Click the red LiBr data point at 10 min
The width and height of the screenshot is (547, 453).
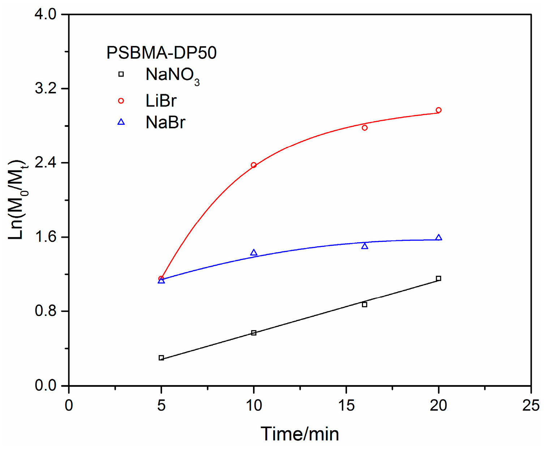[253, 165]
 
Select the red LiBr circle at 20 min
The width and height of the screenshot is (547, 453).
[439, 110]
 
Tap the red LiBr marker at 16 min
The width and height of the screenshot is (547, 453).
[364, 128]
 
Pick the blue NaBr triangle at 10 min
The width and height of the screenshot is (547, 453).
[253, 253]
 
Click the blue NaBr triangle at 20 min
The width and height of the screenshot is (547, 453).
[439, 238]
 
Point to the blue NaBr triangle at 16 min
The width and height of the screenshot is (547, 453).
[364, 246]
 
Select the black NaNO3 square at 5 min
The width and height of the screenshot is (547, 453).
[161, 358]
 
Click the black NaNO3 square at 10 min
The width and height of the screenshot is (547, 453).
[253, 333]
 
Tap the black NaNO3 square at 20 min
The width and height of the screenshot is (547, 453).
[439, 278]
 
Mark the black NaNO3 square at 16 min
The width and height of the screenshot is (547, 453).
[364, 305]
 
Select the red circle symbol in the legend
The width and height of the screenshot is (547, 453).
[121, 101]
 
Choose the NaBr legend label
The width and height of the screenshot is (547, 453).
[165, 123]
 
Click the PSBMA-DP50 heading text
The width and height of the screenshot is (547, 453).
[161, 53]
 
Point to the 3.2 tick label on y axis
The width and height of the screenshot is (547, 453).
[46, 89]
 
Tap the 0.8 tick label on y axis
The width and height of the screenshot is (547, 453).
[46, 311]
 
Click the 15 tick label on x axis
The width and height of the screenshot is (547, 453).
[346, 406]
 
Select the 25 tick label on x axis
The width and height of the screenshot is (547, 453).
[531, 406]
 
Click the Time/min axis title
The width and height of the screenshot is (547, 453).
[300, 434]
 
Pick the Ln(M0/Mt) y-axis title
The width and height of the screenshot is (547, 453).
[17, 200]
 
